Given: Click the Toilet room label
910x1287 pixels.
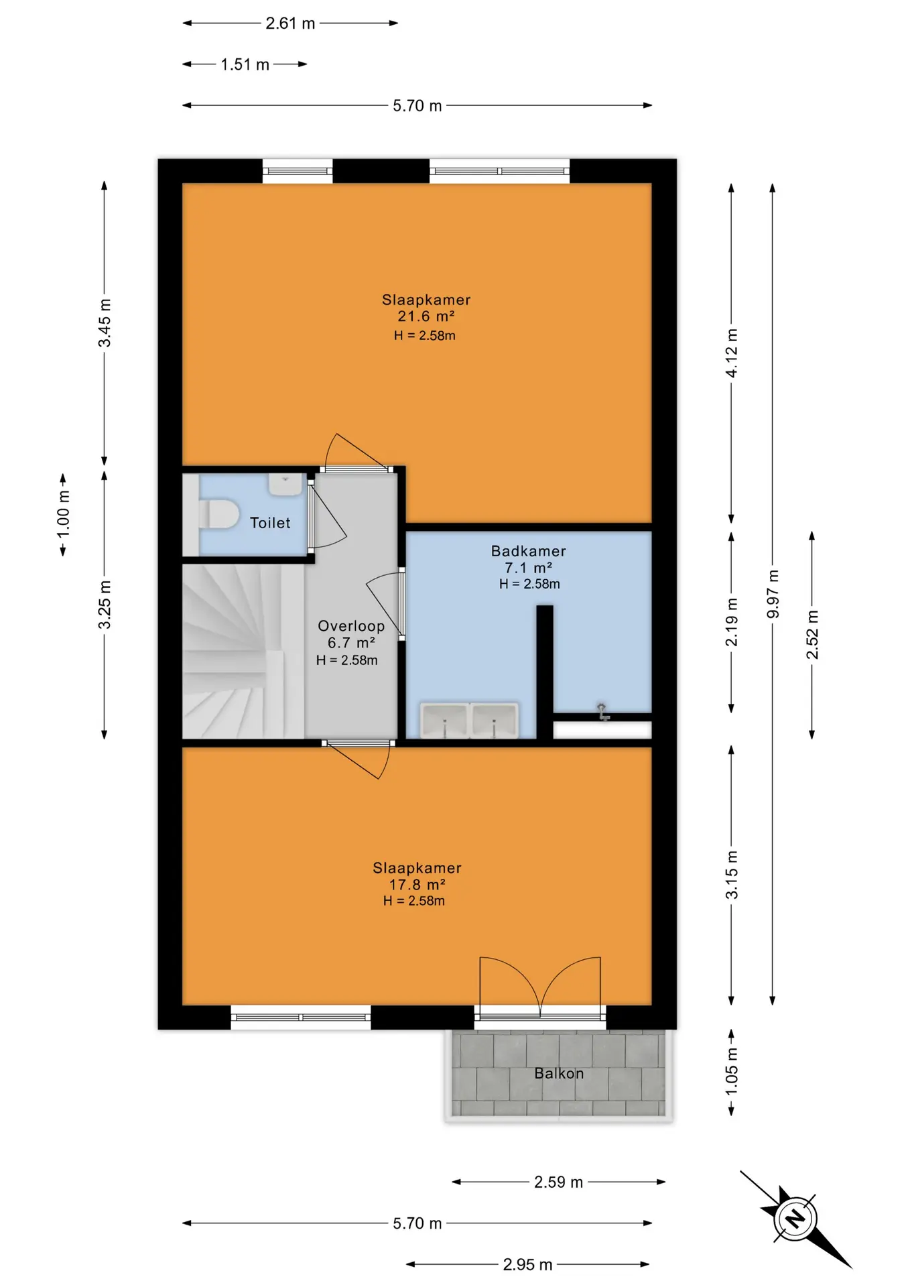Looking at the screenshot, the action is pyautogui.click(x=270, y=523).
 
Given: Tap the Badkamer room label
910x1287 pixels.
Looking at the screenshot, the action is pyautogui.click(x=528, y=551).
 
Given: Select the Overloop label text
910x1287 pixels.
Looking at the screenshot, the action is pyautogui.click(x=351, y=626).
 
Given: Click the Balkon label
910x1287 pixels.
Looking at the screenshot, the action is pyautogui.click(x=559, y=1073).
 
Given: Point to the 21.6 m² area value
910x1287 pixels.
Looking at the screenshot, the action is pyautogui.click(x=426, y=316).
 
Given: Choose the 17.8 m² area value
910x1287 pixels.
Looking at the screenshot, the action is pyautogui.click(x=417, y=885).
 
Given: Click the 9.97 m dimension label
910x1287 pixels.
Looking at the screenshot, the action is pyautogui.click(x=773, y=595).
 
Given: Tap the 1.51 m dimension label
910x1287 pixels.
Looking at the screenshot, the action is pyautogui.click(x=245, y=64).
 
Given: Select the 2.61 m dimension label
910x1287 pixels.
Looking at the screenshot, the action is pyautogui.click(x=290, y=23).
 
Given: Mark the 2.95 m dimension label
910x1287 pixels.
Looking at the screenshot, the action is pyautogui.click(x=527, y=1264).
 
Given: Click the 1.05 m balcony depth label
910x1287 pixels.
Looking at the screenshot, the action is pyautogui.click(x=732, y=1071).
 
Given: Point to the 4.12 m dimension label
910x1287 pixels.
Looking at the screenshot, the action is pyautogui.click(x=732, y=353).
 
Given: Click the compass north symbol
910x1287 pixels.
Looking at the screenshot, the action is pyautogui.click(x=795, y=1218).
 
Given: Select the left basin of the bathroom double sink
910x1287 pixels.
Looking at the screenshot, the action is pyautogui.click(x=444, y=721).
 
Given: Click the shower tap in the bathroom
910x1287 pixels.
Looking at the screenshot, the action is pyautogui.click(x=602, y=712).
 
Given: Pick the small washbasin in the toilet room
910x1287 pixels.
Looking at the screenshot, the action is pyautogui.click(x=285, y=484).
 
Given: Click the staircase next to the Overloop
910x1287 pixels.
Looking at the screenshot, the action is pyautogui.click(x=243, y=651).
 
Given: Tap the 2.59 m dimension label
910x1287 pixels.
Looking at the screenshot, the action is pyautogui.click(x=558, y=1182).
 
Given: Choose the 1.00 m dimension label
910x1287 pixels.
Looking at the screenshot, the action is pyautogui.click(x=63, y=514).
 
